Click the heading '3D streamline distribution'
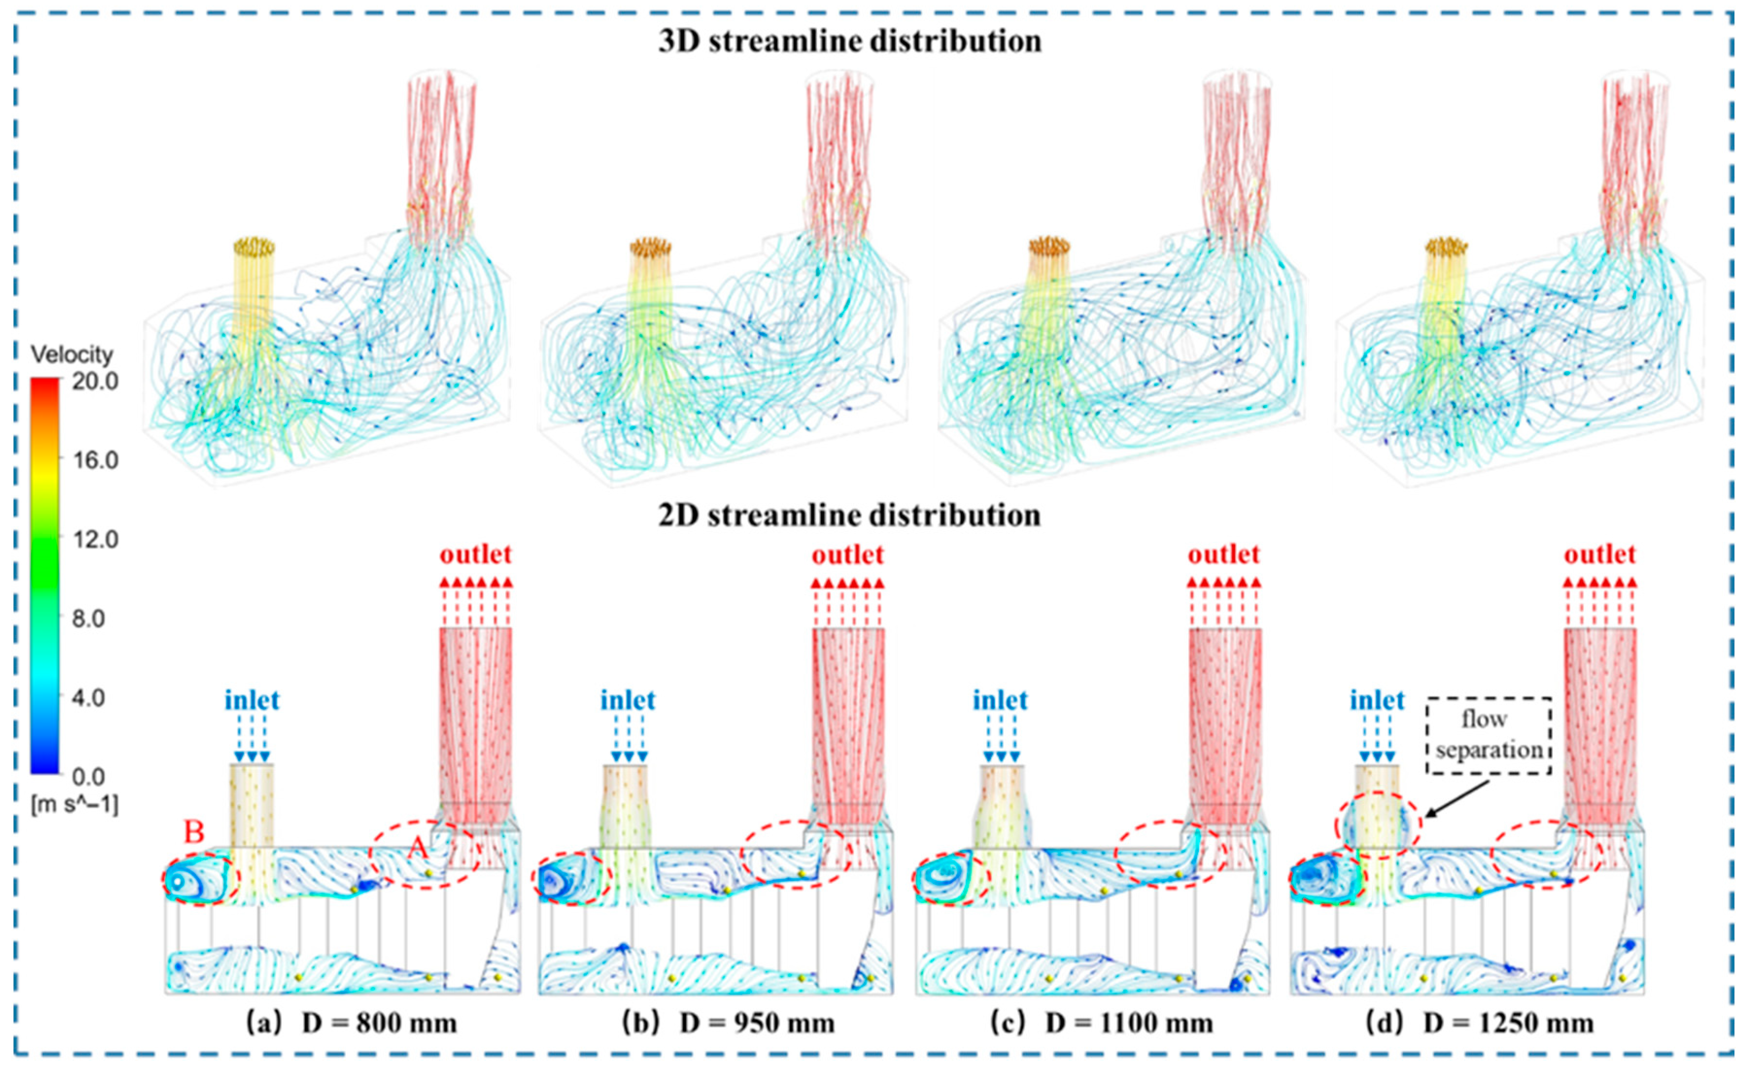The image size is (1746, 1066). coord(850,41)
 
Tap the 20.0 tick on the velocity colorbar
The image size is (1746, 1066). coord(95,381)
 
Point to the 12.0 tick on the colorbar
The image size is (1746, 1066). coord(95,539)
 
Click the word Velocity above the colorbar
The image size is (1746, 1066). coord(71,354)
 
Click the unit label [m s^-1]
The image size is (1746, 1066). coord(74,805)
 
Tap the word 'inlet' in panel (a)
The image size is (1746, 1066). coord(252,700)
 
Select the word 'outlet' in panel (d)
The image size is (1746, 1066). coord(1600,554)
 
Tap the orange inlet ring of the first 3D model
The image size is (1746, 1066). coord(254,247)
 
